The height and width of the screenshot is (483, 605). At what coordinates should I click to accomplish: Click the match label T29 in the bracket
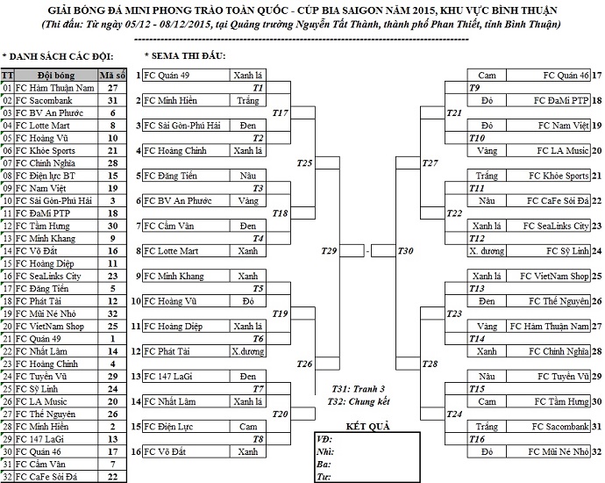coord(329,252)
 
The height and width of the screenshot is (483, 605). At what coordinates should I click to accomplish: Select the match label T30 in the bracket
coord(405,252)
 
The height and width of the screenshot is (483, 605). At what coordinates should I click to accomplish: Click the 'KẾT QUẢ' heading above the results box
coord(367,426)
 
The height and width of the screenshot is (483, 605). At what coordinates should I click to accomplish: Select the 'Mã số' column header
coord(112,76)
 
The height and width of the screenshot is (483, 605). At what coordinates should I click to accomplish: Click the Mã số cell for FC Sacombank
coord(112,101)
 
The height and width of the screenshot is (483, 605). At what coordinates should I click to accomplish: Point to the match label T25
coord(305,163)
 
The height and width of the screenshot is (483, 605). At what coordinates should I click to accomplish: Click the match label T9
coord(474,89)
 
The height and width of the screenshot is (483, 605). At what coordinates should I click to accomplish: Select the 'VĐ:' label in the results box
coord(324,437)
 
